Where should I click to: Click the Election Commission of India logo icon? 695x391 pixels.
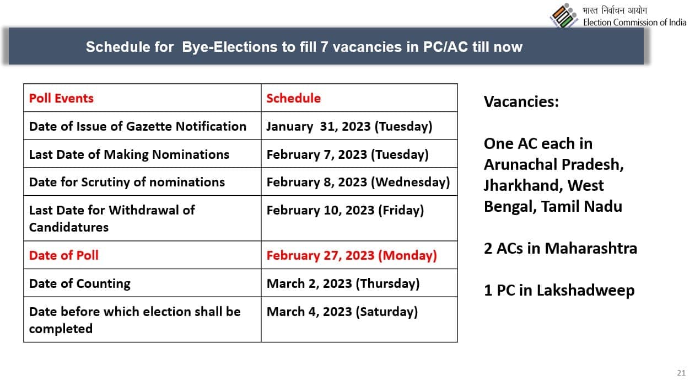pos(563,15)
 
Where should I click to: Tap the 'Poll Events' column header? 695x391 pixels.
pos(61,98)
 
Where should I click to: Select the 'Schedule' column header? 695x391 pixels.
pos(294,98)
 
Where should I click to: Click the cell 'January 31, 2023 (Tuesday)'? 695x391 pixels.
pos(349,126)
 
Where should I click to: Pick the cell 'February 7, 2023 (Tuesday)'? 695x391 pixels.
pos(347,154)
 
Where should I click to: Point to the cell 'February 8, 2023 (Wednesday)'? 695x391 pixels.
pos(358,183)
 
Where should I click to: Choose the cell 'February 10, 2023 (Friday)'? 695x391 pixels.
pos(346,210)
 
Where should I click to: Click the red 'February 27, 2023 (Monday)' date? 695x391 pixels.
pos(352,255)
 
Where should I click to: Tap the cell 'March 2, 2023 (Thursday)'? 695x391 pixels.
pos(343,283)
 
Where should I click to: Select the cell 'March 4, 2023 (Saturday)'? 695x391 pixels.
pos(342,312)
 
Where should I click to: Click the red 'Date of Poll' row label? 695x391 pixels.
pos(63,255)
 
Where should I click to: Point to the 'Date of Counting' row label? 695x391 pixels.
pos(80,284)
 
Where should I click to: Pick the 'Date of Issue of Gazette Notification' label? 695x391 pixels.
pos(138,126)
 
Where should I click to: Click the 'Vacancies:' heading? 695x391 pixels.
pos(521,101)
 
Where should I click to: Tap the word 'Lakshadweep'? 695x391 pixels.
pos(586,291)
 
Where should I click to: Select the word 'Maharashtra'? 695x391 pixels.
pos(591,249)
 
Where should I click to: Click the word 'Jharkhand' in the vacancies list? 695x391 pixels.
pos(524,186)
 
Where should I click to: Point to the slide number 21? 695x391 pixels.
pos(681,373)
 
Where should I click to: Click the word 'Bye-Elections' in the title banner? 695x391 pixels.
pos(230,47)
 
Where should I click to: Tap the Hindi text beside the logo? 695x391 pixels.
pos(615,10)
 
